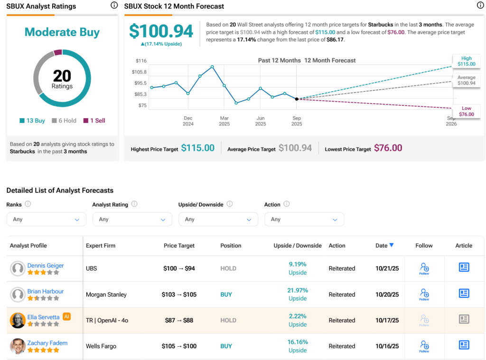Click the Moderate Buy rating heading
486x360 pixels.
click(x=62, y=32)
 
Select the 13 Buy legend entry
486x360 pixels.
click(x=32, y=121)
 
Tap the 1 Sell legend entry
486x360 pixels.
click(x=94, y=121)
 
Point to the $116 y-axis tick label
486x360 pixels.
click(x=140, y=61)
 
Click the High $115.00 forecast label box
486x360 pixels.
click(x=466, y=61)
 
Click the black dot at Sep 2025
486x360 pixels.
click(x=297, y=99)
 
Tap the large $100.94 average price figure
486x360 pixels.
click(x=161, y=31)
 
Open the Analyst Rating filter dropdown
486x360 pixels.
click(x=132, y=219)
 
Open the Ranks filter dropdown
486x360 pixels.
click(x=46, y=219)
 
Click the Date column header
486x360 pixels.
click(x=384, y=246)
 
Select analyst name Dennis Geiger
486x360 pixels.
click(x=46, y=265)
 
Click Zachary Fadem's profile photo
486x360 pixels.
click(x=18, y=346)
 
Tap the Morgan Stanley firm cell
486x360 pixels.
click(x=106, y=294)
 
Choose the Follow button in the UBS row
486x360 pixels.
click(x=424, y=268)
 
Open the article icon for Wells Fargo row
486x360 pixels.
click(x=464, y=345)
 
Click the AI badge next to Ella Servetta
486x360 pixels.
click(x=66, y=317)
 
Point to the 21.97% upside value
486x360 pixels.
click(x=298, y=290)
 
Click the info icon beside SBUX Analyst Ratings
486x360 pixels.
click(x=114, y=5)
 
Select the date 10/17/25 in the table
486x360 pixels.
click(x=387, y=321)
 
